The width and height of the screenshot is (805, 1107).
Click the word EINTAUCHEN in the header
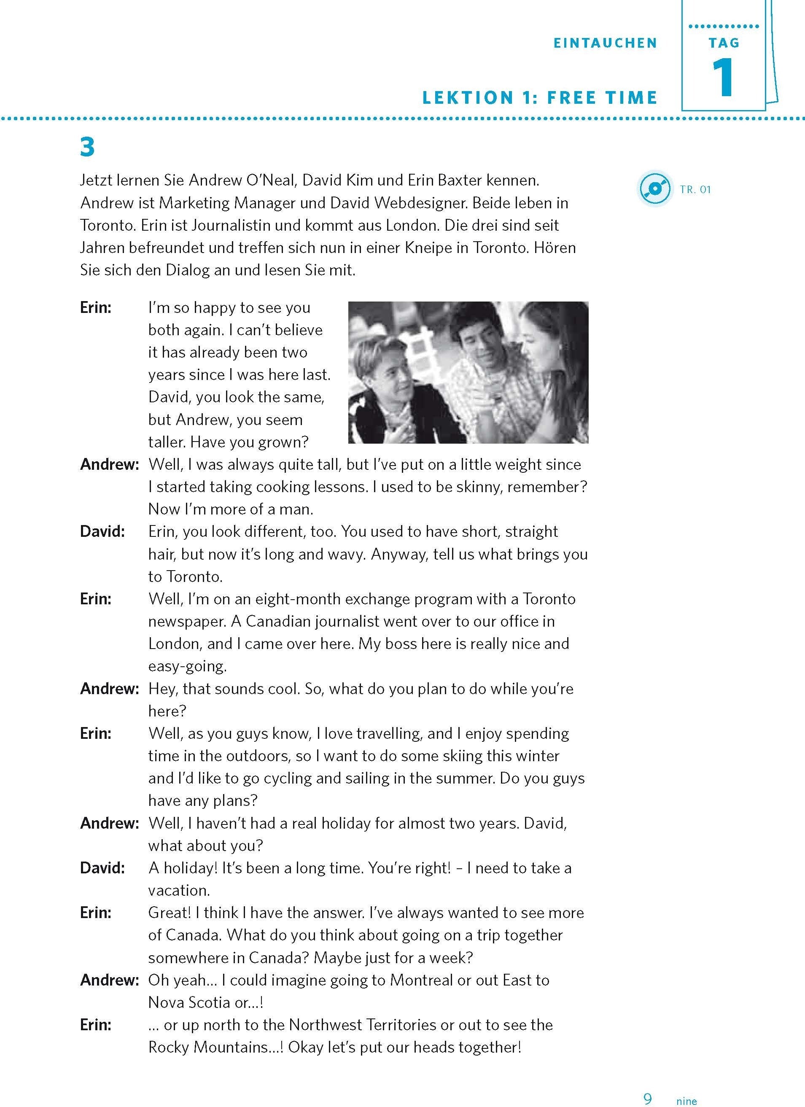[x=606, y=43]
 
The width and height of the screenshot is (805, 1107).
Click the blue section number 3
[x=87, y=147]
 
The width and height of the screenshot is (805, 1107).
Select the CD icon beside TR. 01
[x=654, y=189]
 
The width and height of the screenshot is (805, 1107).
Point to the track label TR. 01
[x=695, y=189]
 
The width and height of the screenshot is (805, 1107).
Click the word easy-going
[x=188, y=666]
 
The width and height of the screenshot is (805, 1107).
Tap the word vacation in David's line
[x=179, y=890]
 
